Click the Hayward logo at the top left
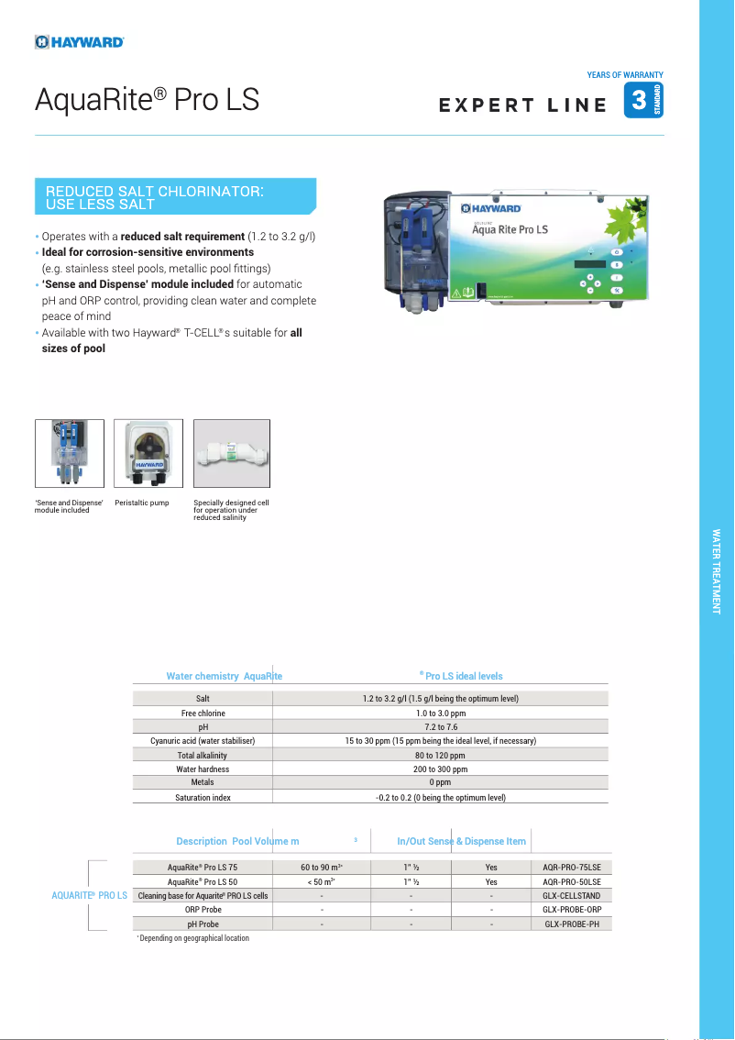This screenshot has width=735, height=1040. click(80, 41)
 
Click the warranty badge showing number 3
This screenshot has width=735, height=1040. click(642, 100)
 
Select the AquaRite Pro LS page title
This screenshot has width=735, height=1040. click(147, 100)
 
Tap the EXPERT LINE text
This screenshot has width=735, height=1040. click(522, 105)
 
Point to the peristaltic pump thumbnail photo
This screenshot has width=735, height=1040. click(148, 453)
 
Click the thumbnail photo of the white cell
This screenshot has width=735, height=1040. click(231, 453)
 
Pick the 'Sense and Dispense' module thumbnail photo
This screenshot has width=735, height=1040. click(69, 453)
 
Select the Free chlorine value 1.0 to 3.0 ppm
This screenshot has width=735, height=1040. click(440, 714)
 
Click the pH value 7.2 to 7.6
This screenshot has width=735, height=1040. click(440, 727)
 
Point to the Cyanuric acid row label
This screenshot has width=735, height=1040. click(203, 741)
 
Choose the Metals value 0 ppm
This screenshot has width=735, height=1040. click(440, 783)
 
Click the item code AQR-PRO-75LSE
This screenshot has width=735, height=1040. click(571, 867)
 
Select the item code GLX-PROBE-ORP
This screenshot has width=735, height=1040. click(571, 910)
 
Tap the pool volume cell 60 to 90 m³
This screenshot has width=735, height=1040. click(321, 867)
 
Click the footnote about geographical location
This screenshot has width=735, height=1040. click(194, 938)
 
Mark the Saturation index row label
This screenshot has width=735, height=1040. click(203, 798)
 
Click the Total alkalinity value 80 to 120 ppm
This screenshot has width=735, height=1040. click(440, 756)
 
